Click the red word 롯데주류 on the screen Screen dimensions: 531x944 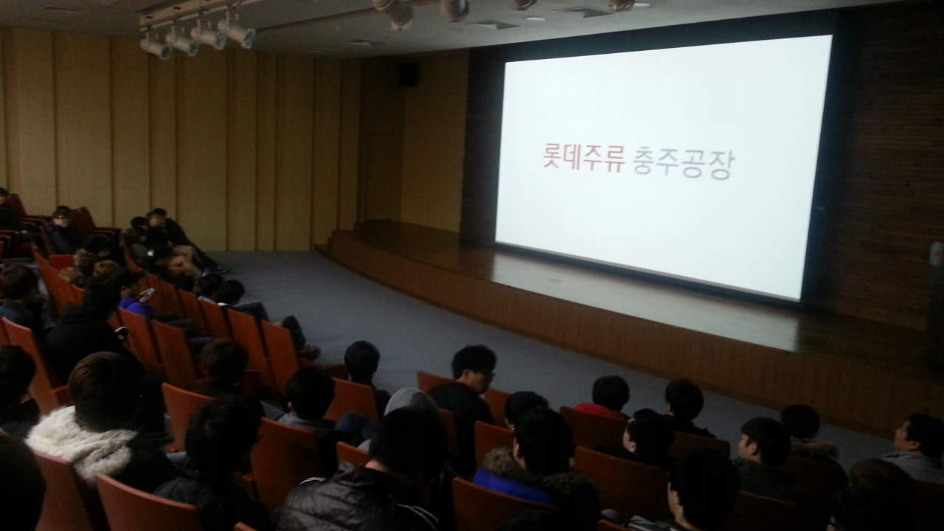point(584,159)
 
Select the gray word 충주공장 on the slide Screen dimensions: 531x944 point(683,164)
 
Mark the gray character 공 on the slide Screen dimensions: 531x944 point(695,164)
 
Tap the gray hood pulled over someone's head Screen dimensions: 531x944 point(410,400)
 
